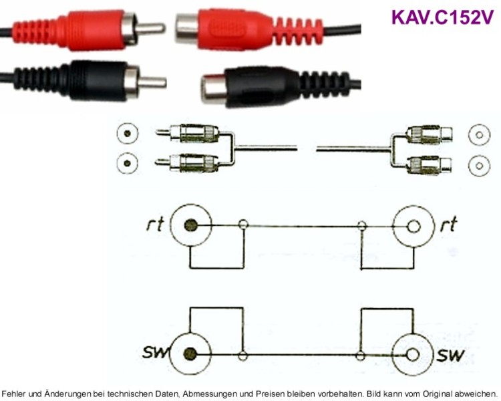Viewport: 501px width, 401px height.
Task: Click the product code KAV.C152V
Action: pyautogui.click(x=442, y=17)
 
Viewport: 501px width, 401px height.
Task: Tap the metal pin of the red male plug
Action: pyautogui.click(x=151, y=28)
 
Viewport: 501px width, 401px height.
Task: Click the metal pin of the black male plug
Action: pyautogui.click(x=152, y=82)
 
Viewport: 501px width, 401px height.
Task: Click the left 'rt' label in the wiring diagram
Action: pyautogui.click(x=155, y=224)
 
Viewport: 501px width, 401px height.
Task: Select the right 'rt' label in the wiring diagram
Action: pyautogui.click(x=448, y=224)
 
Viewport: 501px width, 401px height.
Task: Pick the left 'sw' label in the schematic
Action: pyautogui.click(x=156, y=352)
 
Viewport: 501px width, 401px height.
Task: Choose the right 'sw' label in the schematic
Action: pyautogui.click(x=450, y=355)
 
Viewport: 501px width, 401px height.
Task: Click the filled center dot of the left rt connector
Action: pyautogui.click(x=191, y=225)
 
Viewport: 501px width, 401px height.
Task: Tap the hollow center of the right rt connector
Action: pyautogui.click(x=413, y=227)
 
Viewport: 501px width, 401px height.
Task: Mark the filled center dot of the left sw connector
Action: pyautogui.click(x=190, y=354)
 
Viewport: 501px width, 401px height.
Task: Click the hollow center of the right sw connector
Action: pyautogui.click(x=413, y=355)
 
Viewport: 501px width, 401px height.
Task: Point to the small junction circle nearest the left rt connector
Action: pyautogui.click(x=243, y=224)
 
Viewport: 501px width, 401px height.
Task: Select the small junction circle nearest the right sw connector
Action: pyautogui.click(x=361, y=356)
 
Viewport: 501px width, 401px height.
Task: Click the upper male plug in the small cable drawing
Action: pyautogui.click(x=188, y=134)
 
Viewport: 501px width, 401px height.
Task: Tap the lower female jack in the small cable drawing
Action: pyautogui.click(x=430, y=164)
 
